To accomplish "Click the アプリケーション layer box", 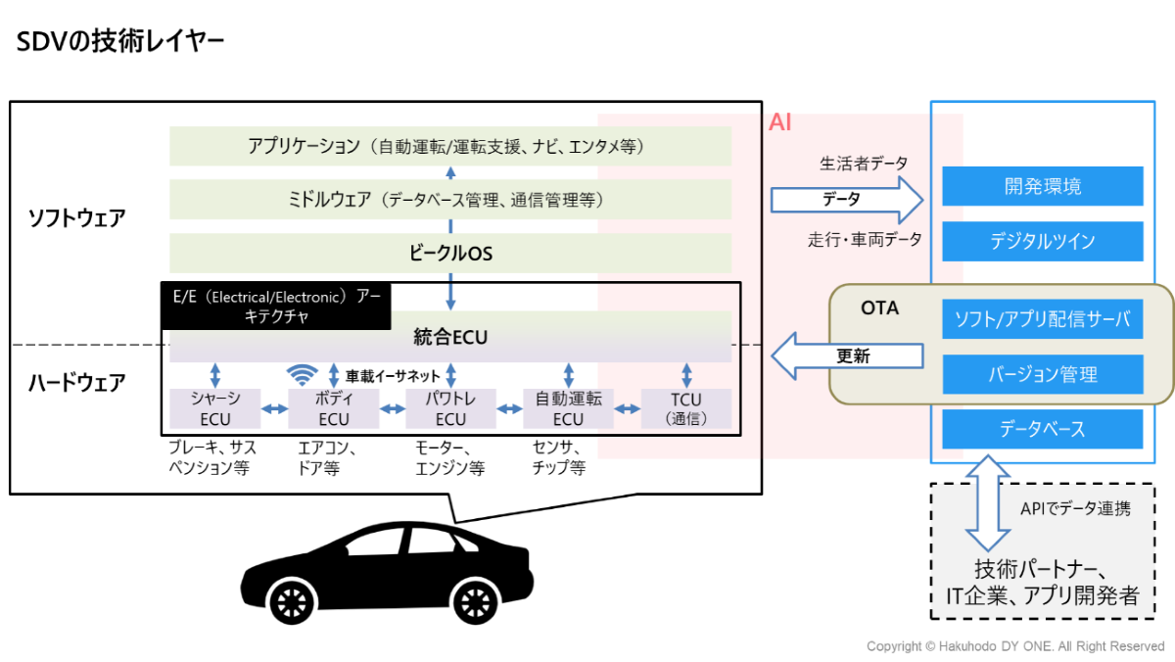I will coord(450,147).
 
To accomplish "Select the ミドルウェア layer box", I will coord(450,200).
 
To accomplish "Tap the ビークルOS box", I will coord(450,254).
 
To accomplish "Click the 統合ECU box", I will coord(450,338).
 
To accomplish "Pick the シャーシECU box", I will coord(214,408).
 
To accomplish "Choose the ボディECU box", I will coord(333,408).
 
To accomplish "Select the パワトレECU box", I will coord(450,408).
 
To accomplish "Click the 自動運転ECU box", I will coord(568,408).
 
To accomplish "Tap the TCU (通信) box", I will coord(685,408).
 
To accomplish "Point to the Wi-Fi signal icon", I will coord(303,374).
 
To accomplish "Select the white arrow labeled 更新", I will coord(848,355).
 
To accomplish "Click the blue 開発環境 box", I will coord(1043,186).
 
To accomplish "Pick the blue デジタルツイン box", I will coord(1043,241).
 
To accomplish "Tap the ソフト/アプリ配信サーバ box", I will coord(1043,319).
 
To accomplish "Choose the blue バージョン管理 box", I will coord(1043,374).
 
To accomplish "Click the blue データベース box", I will coord(1043,429).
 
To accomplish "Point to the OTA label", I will coord(879,308).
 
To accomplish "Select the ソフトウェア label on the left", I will coord(76,217).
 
